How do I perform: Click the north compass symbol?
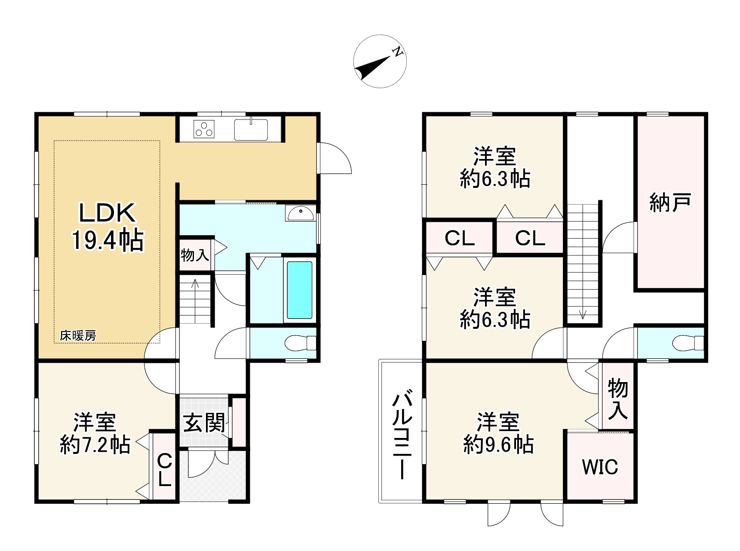point(380,61)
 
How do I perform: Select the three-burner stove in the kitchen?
point(204,128)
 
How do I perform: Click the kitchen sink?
point(251,129)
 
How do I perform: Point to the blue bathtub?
point(299,290)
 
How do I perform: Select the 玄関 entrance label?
point(205,423)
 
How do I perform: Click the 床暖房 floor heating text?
point(78,336)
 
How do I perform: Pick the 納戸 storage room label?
point(670,202)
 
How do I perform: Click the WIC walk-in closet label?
point(600,467)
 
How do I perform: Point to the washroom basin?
point(300,213)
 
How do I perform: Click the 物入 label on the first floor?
point(195,255)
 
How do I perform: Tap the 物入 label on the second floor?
point(617,400)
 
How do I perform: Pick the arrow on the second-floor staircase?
point(583,314)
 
